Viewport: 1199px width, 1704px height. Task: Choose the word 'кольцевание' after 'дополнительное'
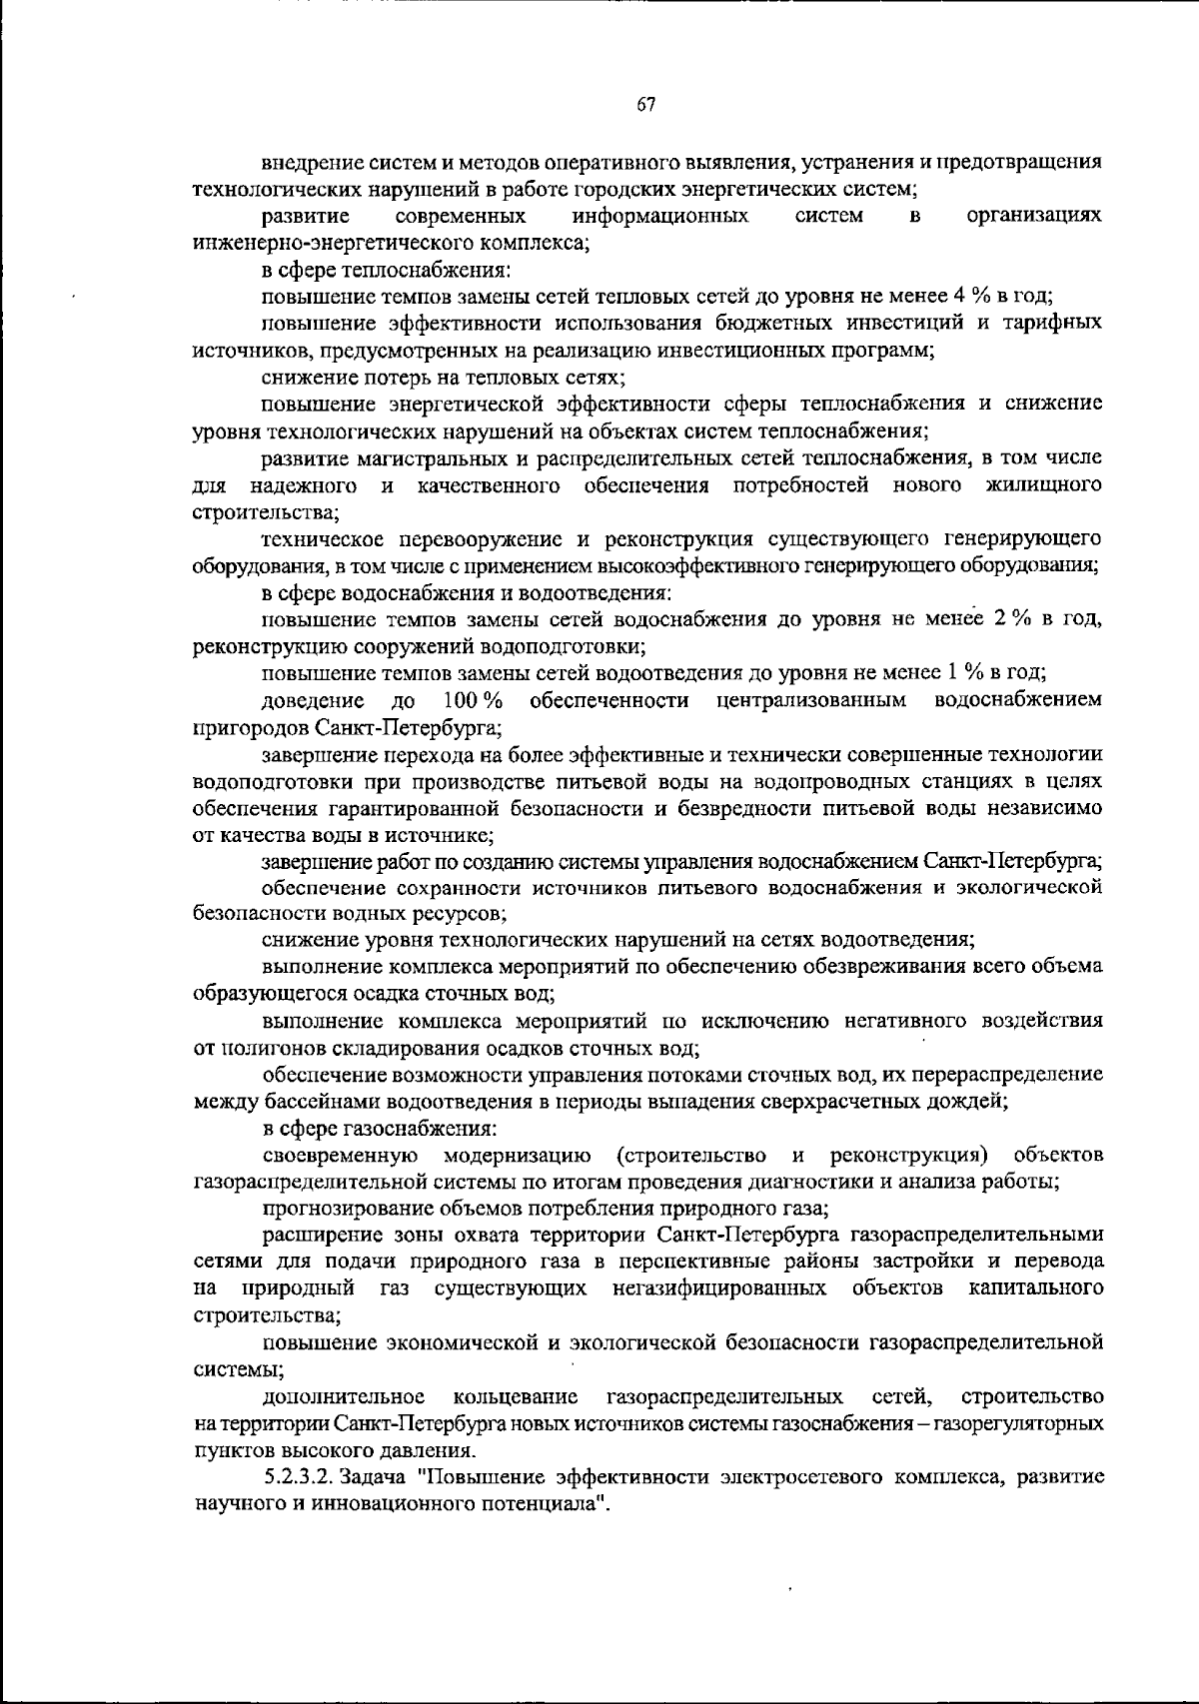[515, 1394]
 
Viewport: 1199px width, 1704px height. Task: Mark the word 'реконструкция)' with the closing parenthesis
[908, 1156]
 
